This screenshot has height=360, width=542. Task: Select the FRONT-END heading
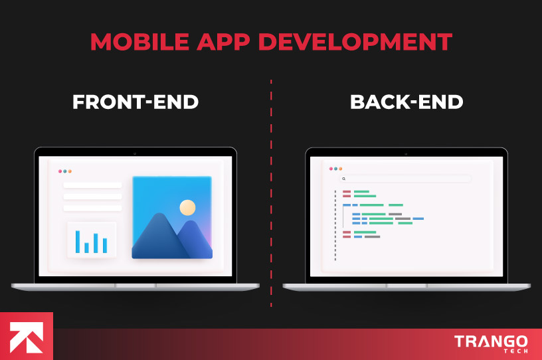pyautogui.click(x=135, y=102)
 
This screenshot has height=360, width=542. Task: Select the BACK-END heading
pyautogui.click(x=406, y=102)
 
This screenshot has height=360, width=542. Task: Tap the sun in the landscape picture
pyautogui.click(x=187, y=208)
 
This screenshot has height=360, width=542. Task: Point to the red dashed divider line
pyautogui.click(x=271, y=193)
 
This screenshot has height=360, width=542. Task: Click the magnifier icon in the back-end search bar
pyautogui.click(x=344, y=179)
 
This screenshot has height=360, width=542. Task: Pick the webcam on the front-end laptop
pyautogui.click(x=135, y=153)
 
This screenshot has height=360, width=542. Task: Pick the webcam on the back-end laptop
pyautogui.click(x=406, y=153)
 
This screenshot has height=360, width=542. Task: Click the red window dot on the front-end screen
pyautogui.click(x=59, y=171)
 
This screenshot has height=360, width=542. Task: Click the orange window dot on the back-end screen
pyautogui.click(x=341, y=169)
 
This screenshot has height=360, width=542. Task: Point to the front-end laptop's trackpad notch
pyautogui.click(x=135, y=286)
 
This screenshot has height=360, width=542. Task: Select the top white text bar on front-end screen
pyautogui.click(x=92, y=185)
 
